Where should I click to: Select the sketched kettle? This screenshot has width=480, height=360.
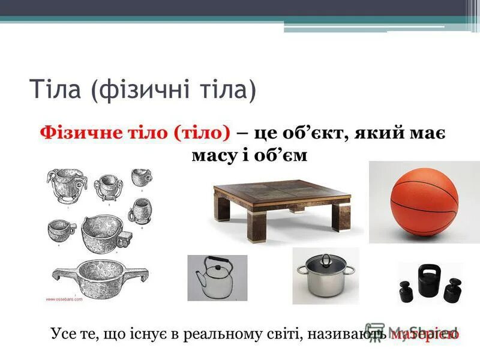coord(216,279)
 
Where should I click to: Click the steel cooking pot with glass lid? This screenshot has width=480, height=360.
coord(325,277)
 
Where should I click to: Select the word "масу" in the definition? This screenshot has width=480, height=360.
coord(211,155)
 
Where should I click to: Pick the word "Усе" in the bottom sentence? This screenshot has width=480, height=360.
coord(64,332)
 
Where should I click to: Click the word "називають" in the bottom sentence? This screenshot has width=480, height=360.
coord(346,332)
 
